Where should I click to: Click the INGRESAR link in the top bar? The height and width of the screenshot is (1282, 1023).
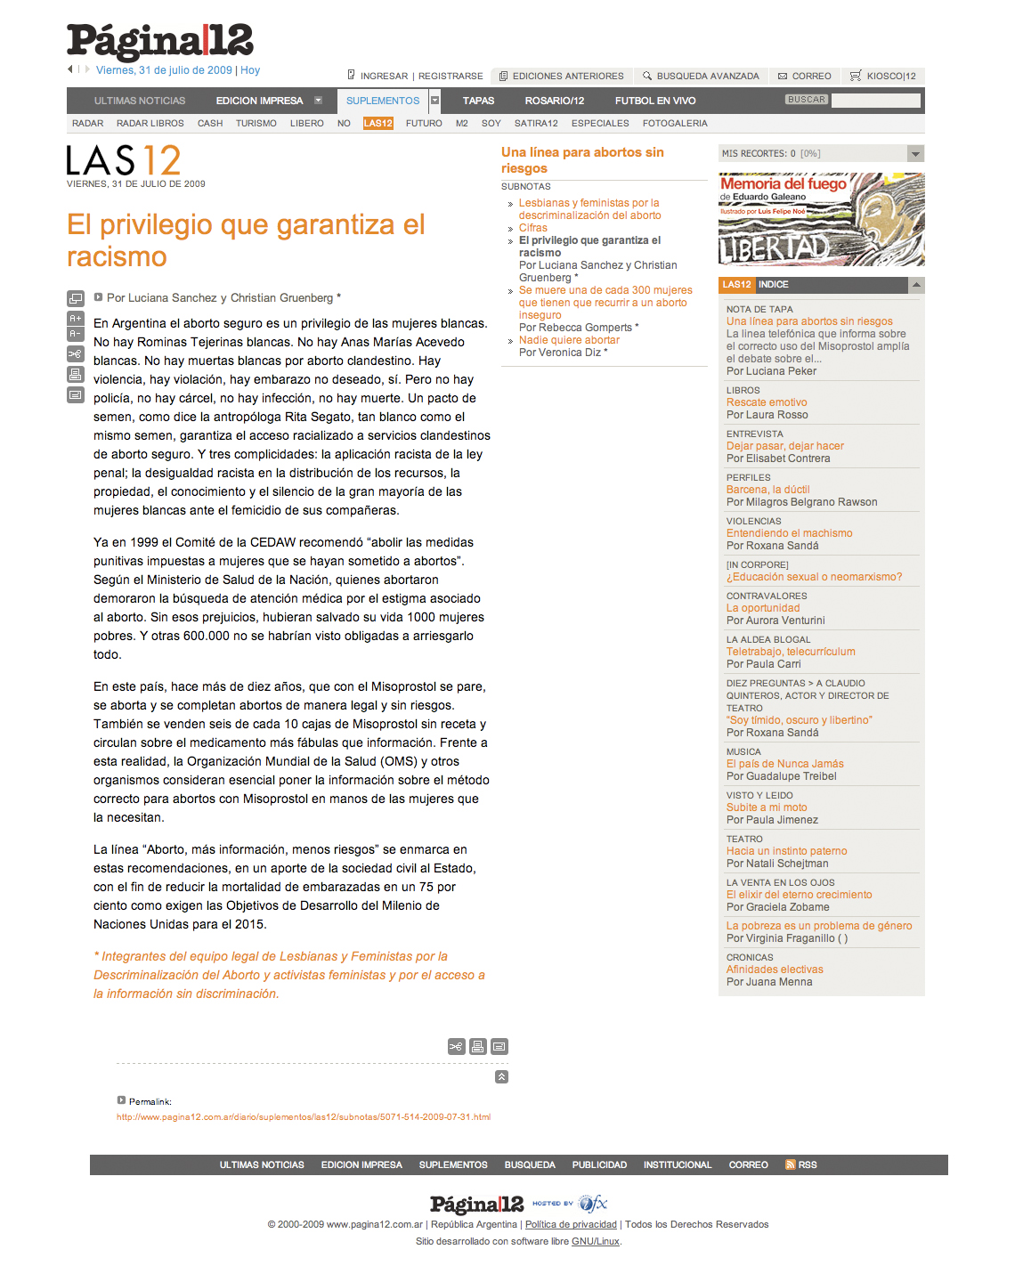click(x=384, y=77)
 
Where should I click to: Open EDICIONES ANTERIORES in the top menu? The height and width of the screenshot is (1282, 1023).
click(x=567, y=77)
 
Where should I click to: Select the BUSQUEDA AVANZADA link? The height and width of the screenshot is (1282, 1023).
click(x=707, y=77)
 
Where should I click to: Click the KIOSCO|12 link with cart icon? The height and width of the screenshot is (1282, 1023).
click(x=890, y=77)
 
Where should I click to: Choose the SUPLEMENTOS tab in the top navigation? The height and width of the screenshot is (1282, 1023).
click(x=383, y=101)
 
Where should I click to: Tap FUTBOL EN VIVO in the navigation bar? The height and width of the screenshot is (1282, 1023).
click(x=655, y=101)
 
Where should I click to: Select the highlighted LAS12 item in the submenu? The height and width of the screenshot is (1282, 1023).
click(x=378, y=124)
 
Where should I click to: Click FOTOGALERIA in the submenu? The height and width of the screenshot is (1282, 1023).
click(x=675, y=124)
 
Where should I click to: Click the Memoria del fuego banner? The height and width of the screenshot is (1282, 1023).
click(x=821, y=219)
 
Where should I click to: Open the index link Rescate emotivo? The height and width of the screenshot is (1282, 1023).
click(x=767, y=402)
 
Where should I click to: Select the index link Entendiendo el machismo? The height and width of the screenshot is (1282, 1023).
click(x=789, y=533)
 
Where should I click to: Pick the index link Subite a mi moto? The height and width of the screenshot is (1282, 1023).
click(x=767, y=807)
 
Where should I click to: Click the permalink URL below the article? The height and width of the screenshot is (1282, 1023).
click(x=304, y=1117)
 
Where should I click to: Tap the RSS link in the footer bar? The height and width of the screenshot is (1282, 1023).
click(x=807, y=1165)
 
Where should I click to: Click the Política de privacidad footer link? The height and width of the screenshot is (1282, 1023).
click(x=571, y=1225)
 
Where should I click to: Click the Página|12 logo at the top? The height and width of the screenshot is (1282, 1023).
click(x=160, y=42)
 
